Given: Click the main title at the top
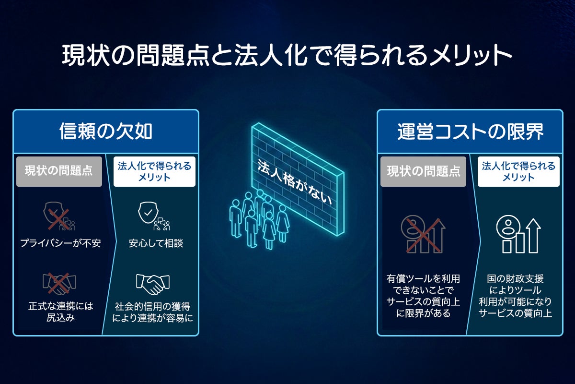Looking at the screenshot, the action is point(287,55).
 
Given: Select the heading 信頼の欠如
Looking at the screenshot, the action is point(106,131).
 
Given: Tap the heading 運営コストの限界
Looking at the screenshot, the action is point(470,132).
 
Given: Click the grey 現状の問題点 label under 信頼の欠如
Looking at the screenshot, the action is point(59,171).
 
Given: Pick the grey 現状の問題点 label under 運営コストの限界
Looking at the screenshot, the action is point(423,171).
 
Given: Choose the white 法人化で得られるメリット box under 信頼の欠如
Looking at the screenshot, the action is point(154,171).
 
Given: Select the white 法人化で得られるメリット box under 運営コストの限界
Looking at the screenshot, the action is point(518,171).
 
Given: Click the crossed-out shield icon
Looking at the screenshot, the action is point(59,216).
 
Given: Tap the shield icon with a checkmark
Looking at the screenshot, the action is point(154,216).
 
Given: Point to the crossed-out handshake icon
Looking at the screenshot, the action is point(59,283).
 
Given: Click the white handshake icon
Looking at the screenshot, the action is point(153,284).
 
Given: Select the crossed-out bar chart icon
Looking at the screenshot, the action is point(423,234).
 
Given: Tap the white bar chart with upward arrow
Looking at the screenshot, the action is point(518,234).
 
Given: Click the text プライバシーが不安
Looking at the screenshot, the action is point(60,243).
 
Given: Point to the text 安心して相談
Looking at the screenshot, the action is point(156,243).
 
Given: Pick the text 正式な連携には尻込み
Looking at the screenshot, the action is point(61,312).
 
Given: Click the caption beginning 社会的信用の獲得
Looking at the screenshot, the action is point(152,312).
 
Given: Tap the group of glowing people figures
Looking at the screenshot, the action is point(259,219).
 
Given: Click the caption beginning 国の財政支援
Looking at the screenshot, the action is point(515,296).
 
